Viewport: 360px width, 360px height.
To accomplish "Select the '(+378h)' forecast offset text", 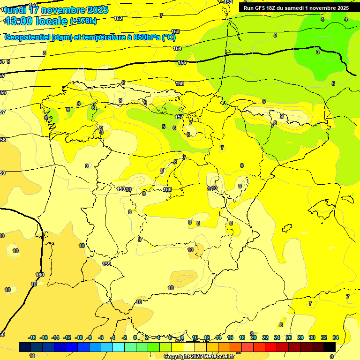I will click(83, 21).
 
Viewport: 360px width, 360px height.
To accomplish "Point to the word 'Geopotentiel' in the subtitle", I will click(27, 37).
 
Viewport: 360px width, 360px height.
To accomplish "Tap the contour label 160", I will click(40, 275).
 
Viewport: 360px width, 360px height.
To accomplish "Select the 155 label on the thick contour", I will click(182, 62).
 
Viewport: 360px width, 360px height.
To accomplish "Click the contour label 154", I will click(177, 48).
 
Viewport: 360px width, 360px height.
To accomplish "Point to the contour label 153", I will click(175, 31).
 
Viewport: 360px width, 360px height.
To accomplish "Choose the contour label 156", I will click(180, 83).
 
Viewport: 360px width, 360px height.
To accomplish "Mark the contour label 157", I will click(179, 117).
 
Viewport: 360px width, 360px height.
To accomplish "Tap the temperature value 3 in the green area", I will click(317, 52).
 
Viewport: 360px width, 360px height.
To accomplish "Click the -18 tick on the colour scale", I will click(32, 337).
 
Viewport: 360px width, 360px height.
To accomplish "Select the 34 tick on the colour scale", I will click(336, 337).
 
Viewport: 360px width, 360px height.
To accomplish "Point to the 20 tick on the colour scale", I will click(254, 337).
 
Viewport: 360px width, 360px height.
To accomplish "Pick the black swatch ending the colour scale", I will click(330, 347).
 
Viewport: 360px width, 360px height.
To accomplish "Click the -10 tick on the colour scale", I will click(79, 337).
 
